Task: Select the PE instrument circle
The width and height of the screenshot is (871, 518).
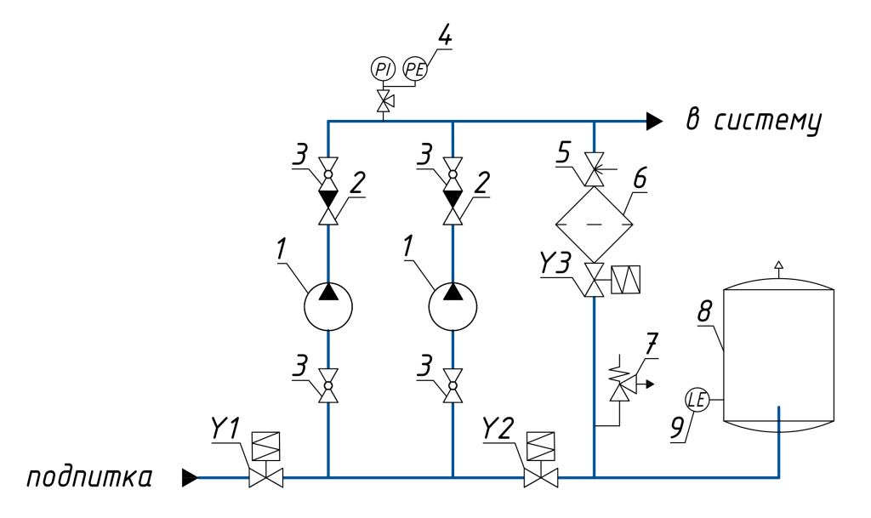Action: point(413,69)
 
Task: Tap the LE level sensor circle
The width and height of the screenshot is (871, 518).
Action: point(697,400)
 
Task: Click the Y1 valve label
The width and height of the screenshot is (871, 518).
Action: point(226,430)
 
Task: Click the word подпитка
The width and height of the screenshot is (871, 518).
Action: point(89,478)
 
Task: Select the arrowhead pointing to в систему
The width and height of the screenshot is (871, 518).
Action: point(652,122)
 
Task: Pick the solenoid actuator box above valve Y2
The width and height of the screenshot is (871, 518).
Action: point(539,446)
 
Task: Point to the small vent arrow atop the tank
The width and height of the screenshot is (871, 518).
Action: point(777,265)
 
